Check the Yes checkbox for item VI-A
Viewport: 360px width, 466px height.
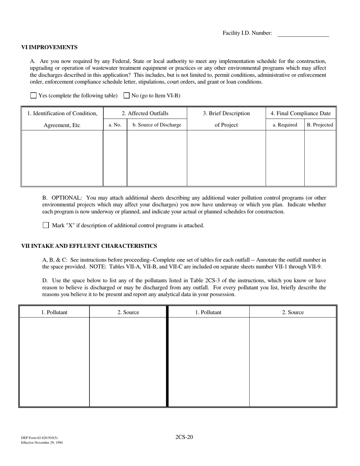[x=33, y=95]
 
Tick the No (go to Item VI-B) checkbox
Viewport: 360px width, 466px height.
[x=127, y=95]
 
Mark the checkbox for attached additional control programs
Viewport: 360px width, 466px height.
[x=46, y=225]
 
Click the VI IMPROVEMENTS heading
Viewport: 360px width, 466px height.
[x=49, y=47]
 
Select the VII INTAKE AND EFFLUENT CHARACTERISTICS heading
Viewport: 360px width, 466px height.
[x=89, y=246]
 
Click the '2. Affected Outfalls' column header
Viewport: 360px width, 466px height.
[x=145, y=113]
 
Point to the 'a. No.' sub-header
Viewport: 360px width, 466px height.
[x=115, y=125]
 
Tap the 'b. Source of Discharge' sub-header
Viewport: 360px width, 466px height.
[x=157, y=125]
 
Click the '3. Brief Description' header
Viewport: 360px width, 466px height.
[x=226, y=113]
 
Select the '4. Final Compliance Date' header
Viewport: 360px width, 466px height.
[x=301, y=113]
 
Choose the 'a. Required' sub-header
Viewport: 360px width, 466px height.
[x=285, y=125]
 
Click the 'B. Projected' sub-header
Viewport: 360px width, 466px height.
[x=320, y=125]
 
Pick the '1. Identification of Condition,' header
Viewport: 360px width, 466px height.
[x=63, y=113]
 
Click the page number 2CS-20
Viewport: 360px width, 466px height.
[x=184, y=437]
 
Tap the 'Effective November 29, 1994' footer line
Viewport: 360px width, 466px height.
[x=42, y=443]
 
